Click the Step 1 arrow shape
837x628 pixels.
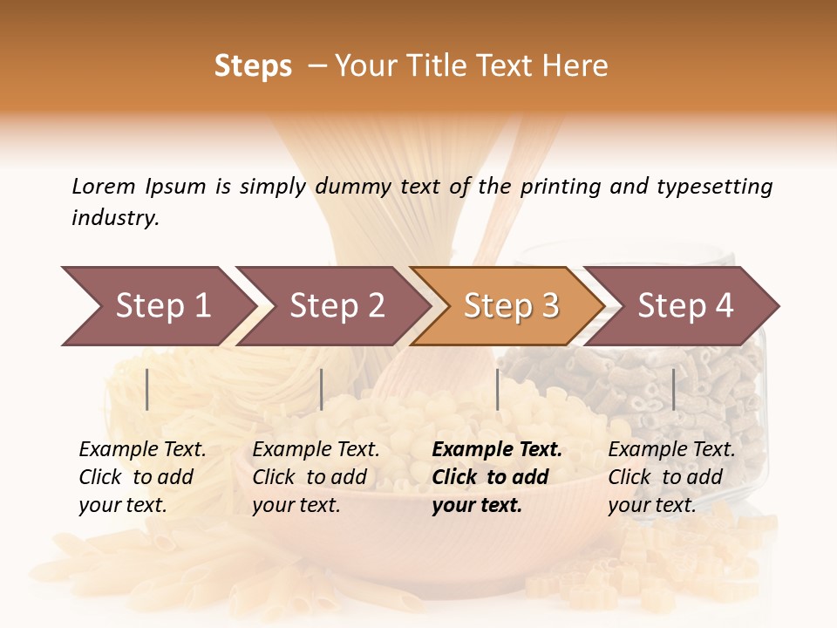click(157, 306)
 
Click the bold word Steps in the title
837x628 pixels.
click(253, 66)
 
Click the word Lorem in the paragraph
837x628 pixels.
click(103, 186)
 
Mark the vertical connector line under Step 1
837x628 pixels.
click(147, 389)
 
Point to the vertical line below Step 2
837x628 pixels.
click(322, 389)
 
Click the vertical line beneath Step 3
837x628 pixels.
click(498, 389)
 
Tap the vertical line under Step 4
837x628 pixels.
click(673, 389)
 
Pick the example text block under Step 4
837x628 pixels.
click(671, 477)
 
